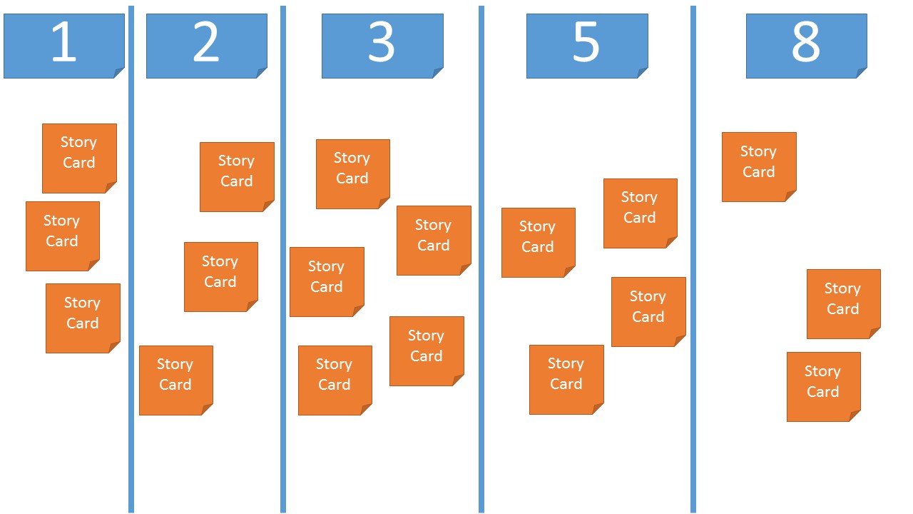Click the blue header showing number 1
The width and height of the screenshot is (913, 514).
tap(63, 46)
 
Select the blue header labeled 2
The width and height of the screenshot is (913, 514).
tap(206, 46)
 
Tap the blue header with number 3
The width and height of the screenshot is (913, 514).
tap(382, 46)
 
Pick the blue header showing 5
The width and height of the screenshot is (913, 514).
tap(586, 46)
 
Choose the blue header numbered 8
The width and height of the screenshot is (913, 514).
tap(806, 46)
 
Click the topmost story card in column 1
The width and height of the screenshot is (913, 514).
tap(79, 158)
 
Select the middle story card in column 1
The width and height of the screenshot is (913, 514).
tap(62, 236)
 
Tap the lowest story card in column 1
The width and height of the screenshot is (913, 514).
tap(83, 318)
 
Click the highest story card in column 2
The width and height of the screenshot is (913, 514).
tap(237, 176)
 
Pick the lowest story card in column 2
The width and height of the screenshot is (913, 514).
tap(175, 380)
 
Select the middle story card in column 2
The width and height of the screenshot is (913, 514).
tap(220, 276)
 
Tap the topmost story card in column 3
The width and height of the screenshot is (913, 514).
tap(352, 173)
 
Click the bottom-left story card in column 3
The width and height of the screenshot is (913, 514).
tap(335, 380)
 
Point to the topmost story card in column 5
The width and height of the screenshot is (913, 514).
tap(640, 213)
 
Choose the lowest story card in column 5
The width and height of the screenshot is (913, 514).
tap(566, 379)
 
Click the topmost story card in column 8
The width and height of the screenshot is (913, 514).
tap(758, 166)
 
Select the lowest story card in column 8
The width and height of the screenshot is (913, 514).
tap(823, 386)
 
